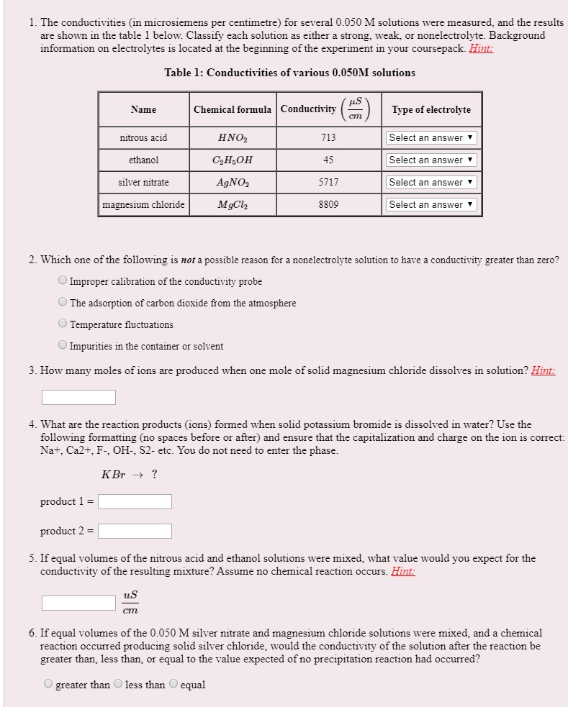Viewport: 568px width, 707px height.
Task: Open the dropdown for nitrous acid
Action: point(431,137)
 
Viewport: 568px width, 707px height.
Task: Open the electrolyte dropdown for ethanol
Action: point(431,160)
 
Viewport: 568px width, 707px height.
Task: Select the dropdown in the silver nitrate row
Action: point(431,182)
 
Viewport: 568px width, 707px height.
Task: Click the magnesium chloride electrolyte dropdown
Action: point(431,204)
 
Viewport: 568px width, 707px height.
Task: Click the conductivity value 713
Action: point(328,137)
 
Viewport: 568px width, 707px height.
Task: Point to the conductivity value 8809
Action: point(328,204)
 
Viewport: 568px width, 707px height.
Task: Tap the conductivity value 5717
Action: point(328,182)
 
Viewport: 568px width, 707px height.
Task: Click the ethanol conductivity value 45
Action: point(328,160)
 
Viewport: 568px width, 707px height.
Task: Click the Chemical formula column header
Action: point(233,109)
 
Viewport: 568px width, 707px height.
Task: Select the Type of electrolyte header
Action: point(431,109)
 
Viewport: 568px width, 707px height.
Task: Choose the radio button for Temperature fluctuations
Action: point(63,324)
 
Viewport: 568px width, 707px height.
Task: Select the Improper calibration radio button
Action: point(63,280)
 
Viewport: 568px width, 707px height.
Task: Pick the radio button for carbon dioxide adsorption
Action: point(63,302)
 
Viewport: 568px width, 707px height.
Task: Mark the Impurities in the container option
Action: point(63,345)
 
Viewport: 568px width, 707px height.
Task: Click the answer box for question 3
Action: point(78,397)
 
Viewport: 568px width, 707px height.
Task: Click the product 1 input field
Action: point(135,501)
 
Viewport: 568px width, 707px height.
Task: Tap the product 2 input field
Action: point(135,532)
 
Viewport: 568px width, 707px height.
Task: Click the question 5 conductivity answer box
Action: point(78,603)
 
